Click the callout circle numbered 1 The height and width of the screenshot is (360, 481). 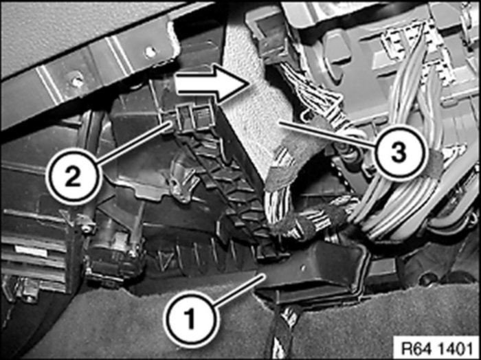[x=192, y=319]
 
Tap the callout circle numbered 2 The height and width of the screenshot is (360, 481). [x=74, y=177]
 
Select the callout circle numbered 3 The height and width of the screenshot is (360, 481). [x=399, y=153]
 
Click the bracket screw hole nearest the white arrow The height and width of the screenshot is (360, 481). [x=150, y=52]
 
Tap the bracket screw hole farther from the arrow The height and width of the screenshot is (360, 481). [x=76, y=82]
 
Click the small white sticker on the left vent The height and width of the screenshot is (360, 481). [x=32, y=251]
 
